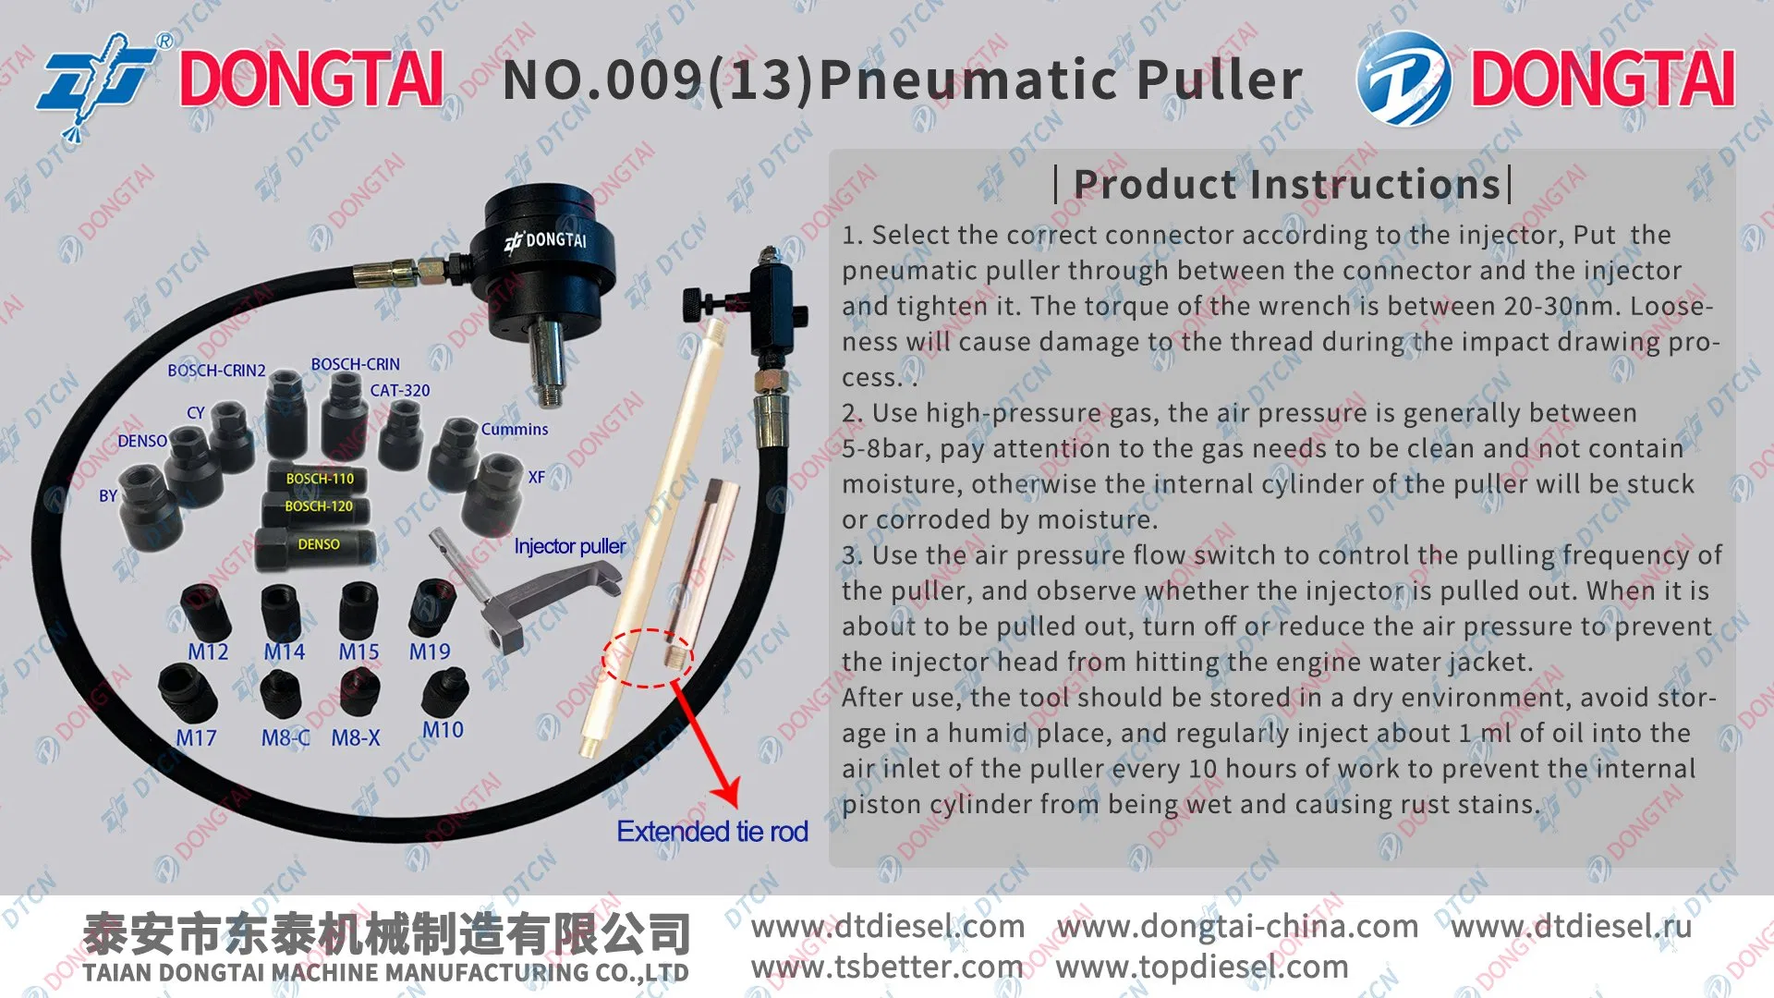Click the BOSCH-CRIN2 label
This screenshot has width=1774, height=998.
point(216,371)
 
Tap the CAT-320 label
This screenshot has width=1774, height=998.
point(400,391)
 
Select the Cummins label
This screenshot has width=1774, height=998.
point(515,430)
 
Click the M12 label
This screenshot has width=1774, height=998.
point(208,652)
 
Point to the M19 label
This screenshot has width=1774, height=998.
point(430,652)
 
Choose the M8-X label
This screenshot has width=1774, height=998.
point(356,738)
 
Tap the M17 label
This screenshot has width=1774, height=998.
point(196,738)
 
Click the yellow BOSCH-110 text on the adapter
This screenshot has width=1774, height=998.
point(320,479)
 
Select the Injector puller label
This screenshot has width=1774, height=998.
point(570,547)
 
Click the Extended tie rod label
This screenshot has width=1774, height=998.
point(712,832)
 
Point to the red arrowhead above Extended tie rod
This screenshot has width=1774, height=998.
point(727,790)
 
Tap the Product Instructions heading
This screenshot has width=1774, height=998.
point(1286,185)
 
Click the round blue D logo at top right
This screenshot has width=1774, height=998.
point(1403,79)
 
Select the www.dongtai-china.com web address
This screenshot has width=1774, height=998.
point(1237,926)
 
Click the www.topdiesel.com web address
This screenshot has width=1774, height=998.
point(1202,968)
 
